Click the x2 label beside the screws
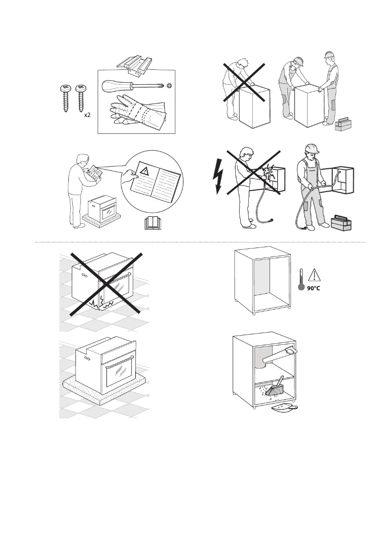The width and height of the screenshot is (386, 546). click(88, 116)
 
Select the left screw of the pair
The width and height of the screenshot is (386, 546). click(64, 99)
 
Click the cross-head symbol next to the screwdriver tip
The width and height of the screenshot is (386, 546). click(169, 86)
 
